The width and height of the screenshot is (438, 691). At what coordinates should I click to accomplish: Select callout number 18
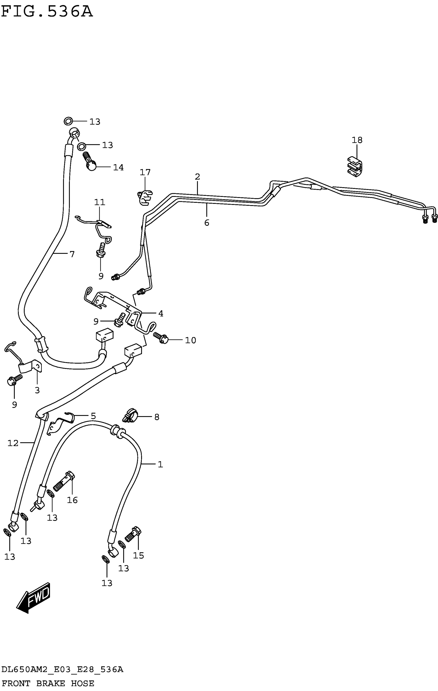click(357, 140)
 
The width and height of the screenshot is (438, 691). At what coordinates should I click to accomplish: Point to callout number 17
click(145, 172)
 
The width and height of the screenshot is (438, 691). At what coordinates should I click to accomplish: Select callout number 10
click(190, 340)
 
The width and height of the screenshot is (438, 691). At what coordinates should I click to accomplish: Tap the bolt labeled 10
click(161, 338)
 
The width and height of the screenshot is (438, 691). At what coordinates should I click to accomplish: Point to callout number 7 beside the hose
click(72, 254)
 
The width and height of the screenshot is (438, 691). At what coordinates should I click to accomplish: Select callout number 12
click(13, 443)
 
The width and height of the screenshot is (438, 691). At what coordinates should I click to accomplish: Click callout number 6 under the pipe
click(207, 223)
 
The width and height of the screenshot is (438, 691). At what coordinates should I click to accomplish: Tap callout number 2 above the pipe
click(197, 177)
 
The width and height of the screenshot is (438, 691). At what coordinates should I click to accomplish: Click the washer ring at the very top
click(68, 121)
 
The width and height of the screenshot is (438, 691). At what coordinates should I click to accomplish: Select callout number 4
click(161, 314)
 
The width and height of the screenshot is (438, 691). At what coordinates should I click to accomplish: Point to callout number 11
click(100, 202)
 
